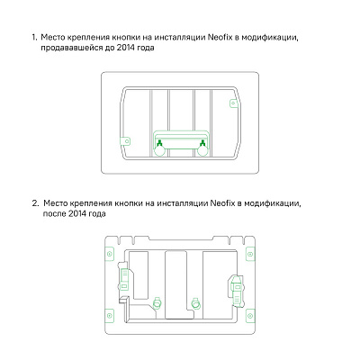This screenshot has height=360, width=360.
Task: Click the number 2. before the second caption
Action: pyautogui.click(x=35, y=204)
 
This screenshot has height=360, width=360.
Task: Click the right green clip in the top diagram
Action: pyautogui.click(x=202, y=142)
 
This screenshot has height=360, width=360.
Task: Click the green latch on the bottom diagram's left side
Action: pyautogui.click(x=126, y=282)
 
